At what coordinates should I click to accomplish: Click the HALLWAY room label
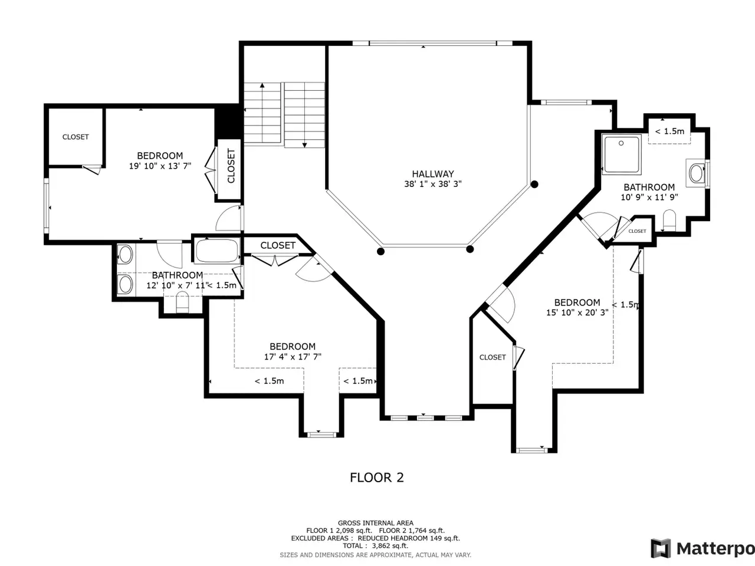(433, 174)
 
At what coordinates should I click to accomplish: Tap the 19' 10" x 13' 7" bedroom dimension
(160, 166)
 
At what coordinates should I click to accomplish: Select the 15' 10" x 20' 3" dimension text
(577, 312)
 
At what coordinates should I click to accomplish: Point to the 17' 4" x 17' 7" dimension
(293, 357)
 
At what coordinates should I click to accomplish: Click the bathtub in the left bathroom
(216, 251)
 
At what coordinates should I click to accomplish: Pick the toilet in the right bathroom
(669, 221)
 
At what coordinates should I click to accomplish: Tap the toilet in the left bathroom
(182, 302)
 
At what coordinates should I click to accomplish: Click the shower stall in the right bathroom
(622, 154)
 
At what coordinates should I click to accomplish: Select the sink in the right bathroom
(697, 173)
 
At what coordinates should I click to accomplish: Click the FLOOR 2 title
(377, 478)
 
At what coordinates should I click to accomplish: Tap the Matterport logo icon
(661, 548)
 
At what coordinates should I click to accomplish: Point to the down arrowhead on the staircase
(304, 146)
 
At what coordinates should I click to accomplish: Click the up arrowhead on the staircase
(262, 85)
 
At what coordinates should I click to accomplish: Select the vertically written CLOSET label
(231, 166)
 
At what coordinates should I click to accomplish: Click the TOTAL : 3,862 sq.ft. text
(375, 545)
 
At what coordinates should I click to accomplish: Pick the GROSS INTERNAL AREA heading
(376, 523)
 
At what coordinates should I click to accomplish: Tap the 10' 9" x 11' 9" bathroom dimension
(649, 198)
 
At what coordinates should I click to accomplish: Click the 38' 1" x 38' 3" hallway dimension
(433, 184)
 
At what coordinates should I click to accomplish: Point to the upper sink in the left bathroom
(125, 255)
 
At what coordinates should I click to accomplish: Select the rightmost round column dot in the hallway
(534, 185)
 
